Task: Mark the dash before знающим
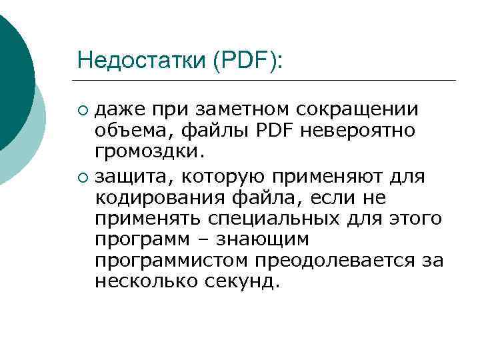pos(210,240)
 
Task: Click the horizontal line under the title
pos(267,81)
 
